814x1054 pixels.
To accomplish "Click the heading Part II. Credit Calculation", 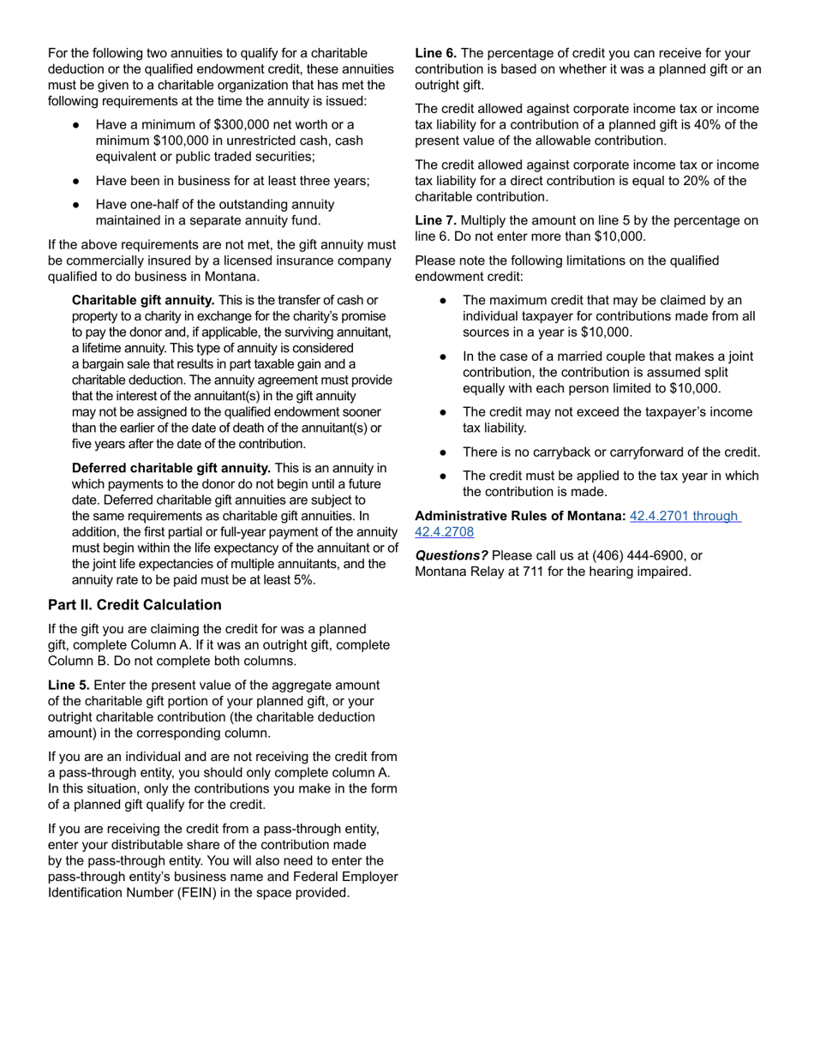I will pyautogui.click(x=135, y=605).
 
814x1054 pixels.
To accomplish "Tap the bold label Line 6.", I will pyautogui.click(x=435, y=53).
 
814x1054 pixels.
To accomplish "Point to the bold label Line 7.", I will pyautogui.click(x=435, y=220).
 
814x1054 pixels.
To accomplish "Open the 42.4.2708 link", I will pyautogui.click(x=444, y=532).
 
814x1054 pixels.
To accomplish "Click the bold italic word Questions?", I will pyautogui.click(x=452, y=555).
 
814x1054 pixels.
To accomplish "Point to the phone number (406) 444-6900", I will pyautogui.click(x=639, y=555).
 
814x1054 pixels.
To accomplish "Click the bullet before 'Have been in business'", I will pyautogui.click(x=76, y=181).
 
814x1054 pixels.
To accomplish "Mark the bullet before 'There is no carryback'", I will pyautogui.click(x=443, y=452).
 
